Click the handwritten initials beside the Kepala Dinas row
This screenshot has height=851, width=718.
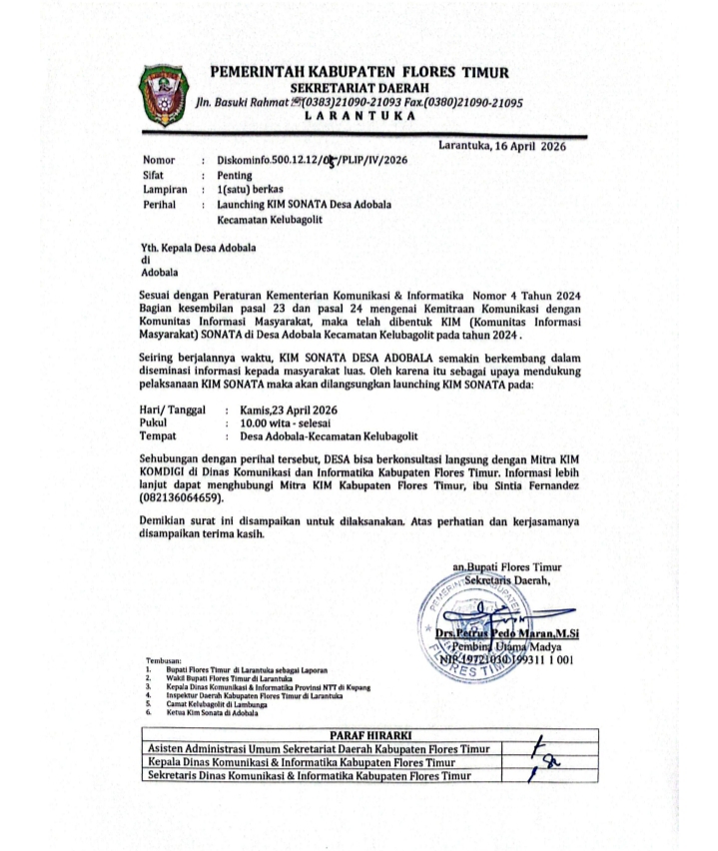(545, 763)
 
